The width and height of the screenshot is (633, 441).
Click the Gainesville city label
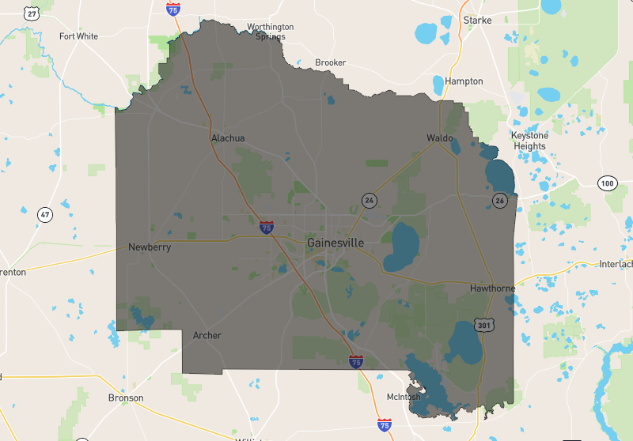coord(335,243)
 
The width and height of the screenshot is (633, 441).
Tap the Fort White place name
coord(78,36)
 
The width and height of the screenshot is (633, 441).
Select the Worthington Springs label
coord(270,32)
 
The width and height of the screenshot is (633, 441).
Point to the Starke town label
coord(477,20)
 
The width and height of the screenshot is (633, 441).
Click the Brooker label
coord(330,62)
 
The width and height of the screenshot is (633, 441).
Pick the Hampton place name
coord(464,81)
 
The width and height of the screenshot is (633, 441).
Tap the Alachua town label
coord(228,138)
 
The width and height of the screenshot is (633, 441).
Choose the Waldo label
coord(440,138)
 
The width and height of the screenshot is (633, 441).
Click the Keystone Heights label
coord(529,141)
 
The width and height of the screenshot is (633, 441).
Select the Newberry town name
coord(150,247)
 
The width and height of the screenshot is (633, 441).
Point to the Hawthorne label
coord(492,288)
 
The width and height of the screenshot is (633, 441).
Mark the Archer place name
coord(207,336)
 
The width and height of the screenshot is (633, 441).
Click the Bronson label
coord(126,398)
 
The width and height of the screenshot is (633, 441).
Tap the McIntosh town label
coord(404,397)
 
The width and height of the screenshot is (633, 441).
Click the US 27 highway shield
coord(32,13)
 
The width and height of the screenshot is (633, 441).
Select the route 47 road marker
coord(45,215)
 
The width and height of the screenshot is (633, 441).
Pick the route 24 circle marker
coord(369,200)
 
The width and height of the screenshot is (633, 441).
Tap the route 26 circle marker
coord(500,200)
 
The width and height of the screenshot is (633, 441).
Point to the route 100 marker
coord(607,183)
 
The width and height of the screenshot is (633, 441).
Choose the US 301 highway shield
coord(484,325)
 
